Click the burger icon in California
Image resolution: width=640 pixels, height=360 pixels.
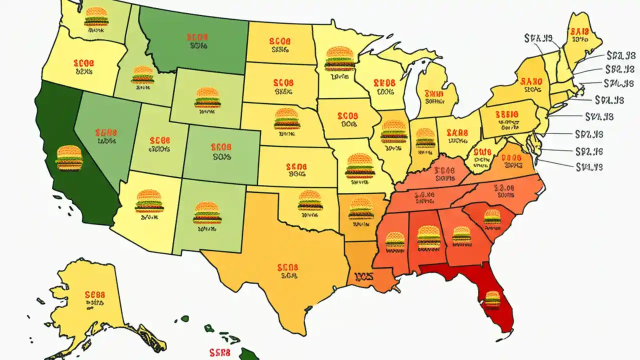pos(69,157)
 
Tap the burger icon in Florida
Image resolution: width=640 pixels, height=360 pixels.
pos(492,299)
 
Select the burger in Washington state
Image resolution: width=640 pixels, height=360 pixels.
pos(96,16)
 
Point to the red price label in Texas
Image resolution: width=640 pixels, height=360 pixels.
pos(287,267)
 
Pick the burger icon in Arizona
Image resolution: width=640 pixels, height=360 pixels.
pos(148,200)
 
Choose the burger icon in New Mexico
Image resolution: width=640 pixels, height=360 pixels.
pos(207,212)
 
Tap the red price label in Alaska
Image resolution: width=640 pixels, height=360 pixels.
pos(94,294)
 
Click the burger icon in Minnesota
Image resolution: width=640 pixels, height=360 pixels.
pos(340,58)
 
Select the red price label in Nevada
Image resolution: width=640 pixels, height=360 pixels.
pos(105,133)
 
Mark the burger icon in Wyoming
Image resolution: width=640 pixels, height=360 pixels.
pos(207,98)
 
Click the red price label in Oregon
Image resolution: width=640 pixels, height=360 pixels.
pos(83,63)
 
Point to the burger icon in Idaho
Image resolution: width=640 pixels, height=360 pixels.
pos(143,75)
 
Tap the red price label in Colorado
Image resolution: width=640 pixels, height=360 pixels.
pos(221,147)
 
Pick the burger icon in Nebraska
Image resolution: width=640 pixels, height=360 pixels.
pos(287,119)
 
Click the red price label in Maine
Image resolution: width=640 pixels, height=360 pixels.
pos(579,31)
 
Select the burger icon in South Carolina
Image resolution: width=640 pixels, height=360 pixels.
pos(492,216)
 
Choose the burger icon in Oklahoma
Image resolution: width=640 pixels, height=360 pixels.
pos(310,200)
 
